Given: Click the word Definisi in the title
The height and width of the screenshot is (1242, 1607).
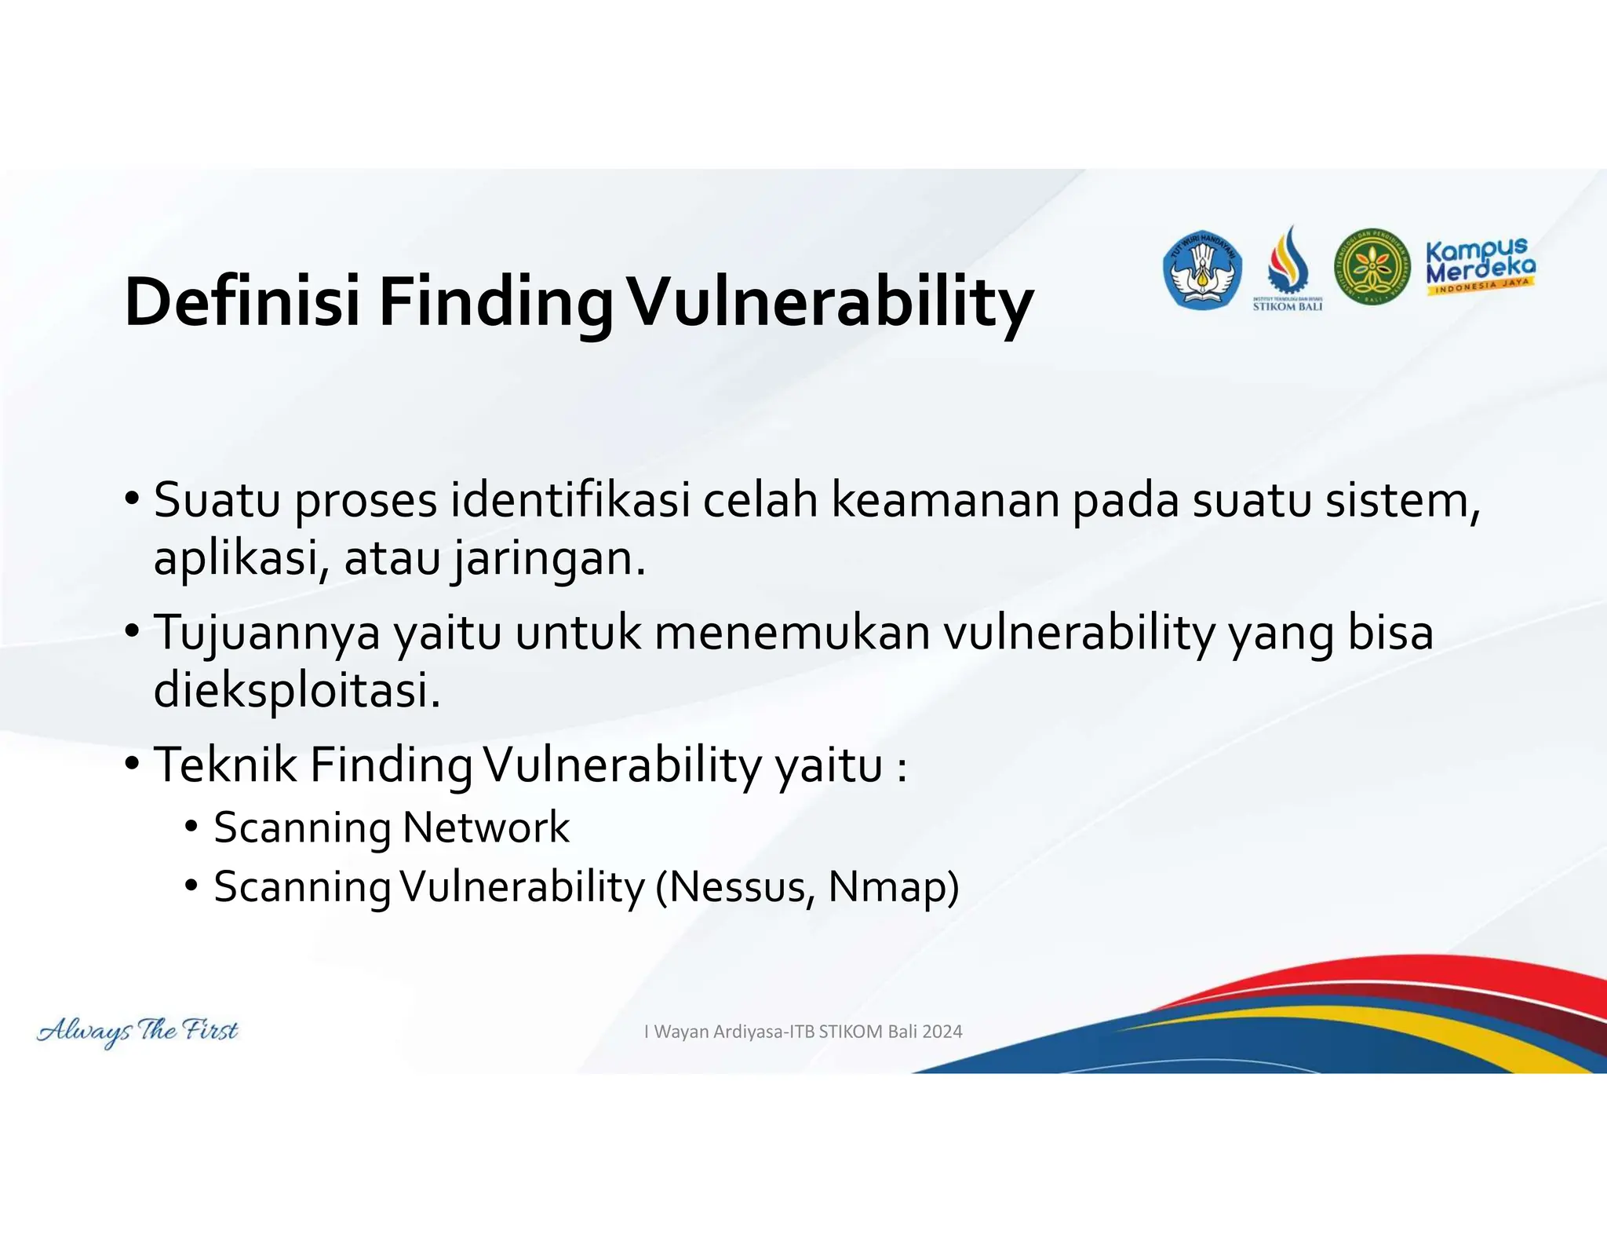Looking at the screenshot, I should pyautogui.click(x=242, y=302).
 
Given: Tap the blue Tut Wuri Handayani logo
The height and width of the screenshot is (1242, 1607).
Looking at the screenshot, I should pyautogui.click(x=1201, y=270).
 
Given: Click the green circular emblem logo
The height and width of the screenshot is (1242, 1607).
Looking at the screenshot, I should pyautogui.click(x=1372, y=268).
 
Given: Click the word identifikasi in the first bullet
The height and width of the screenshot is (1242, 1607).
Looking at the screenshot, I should pyautogui.click(x=570, y=500).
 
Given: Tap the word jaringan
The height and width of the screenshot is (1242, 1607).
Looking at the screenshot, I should pyautogui.click(x=548, y=560).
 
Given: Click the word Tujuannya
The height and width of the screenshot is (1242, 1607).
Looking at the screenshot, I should pyautogui.click(x=267, y=633).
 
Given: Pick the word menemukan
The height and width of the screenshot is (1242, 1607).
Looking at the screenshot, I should pyautogui.click(x=791, y=633).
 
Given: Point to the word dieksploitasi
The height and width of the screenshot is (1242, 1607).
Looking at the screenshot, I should pyautogui.click(x=297, y=691).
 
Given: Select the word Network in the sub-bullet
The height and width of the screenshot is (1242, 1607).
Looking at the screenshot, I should pyautogui.click(x=486, y=827).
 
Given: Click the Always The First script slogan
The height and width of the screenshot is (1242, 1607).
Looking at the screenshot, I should pyautogui.click(x=137, y=1031).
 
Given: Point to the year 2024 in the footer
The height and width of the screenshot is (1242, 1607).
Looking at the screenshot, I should pyautogui.click(x=942, y=1032).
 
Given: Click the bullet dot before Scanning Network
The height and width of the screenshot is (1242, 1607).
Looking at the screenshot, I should pyautogui.click(x=191, y=827).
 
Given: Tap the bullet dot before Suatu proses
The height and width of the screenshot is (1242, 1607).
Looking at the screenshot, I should pyautogui.click(x=132, y=499).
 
